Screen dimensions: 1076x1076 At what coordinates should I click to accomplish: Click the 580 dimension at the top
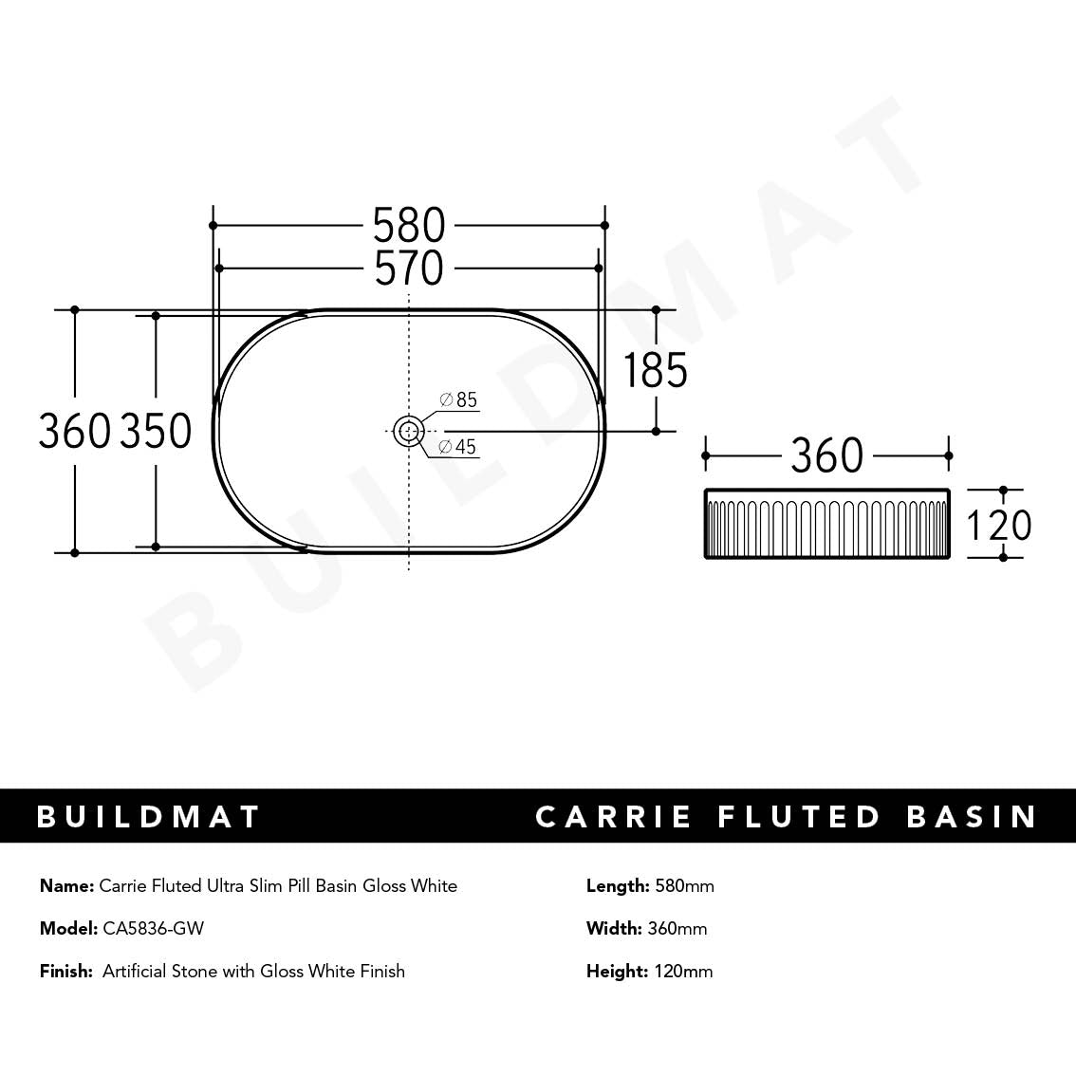(408, 226)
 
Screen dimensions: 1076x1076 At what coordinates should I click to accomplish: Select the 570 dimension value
(408, 269)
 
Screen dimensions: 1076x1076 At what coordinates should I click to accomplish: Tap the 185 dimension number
(655, 370)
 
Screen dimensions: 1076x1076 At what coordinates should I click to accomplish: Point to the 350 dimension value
(156, 432)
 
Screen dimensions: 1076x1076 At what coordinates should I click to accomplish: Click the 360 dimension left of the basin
(75, 432)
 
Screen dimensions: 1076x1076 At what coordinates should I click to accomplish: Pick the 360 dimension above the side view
(826, 456)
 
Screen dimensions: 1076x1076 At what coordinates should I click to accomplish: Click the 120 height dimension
(998, 525)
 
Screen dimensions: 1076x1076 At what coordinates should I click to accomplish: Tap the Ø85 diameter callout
(458, 399)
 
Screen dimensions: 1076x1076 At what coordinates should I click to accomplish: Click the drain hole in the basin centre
(408, 431)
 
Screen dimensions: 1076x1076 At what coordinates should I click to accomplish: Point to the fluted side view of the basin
(826, 524)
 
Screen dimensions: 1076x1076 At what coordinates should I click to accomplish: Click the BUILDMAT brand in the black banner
(148, 817)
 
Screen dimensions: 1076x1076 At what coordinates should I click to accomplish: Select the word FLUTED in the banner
(800, 817)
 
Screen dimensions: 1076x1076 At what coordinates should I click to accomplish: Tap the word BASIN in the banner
(972, 817)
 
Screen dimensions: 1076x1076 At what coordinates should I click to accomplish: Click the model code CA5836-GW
(153, 928)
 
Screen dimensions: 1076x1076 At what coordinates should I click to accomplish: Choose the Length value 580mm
(684, 886)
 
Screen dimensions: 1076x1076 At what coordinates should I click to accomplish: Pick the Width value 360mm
(677, 928)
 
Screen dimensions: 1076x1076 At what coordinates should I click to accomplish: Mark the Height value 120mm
(683, 971)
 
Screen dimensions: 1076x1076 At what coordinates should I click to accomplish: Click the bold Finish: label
(66, 971)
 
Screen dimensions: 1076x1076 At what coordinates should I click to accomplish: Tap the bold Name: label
(66, 886)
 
